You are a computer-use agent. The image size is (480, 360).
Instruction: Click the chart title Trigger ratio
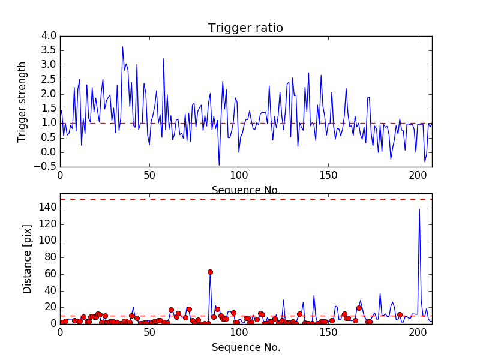click(x=245, y=28)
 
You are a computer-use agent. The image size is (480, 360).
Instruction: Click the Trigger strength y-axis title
click(x=23, y=102)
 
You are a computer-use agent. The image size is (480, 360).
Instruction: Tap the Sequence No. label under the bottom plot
click(x=246, y=347)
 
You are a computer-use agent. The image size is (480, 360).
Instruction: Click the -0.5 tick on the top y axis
click(x=47, y=167)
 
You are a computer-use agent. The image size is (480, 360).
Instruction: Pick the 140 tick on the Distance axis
click(x=48, y=208)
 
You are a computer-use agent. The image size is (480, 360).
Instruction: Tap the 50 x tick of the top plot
click(x=149, y=176)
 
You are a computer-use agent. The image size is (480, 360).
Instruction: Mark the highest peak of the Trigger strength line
click(x=122, y=47)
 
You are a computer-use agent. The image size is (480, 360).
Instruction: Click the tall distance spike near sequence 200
click(x=419, y=209)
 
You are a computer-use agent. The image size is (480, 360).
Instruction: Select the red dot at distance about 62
click(x=210, y=272)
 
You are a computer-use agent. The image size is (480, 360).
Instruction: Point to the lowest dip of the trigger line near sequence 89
click(x=219, y=164)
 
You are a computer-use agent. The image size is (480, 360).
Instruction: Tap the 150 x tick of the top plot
click(x=328, y=176)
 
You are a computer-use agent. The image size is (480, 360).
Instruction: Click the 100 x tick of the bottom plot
click(x=239, y=332)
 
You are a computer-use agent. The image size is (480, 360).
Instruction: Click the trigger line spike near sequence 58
click(x=163, y=59)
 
